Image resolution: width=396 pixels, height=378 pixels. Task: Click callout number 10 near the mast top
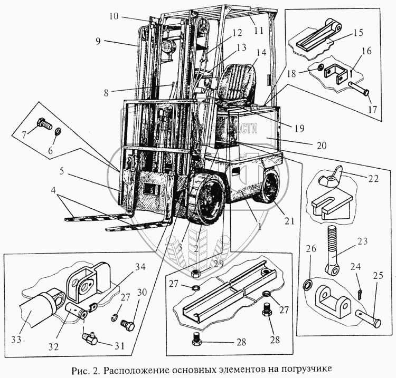click(x=115, y=16)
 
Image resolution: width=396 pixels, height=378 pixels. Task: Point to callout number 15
click(x=357, y=33)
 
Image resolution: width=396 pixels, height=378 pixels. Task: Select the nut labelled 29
click(x=196, y=274)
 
